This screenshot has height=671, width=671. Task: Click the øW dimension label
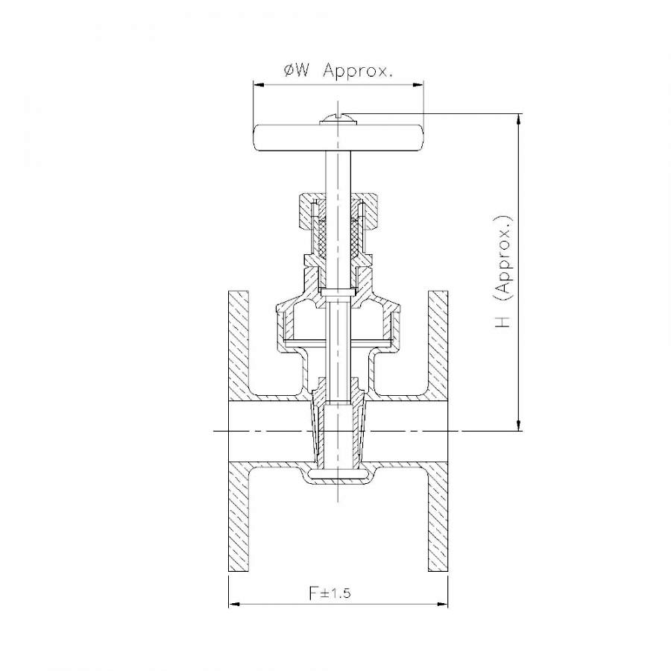pos(296,70)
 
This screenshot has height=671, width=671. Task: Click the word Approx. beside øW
pos(358,71)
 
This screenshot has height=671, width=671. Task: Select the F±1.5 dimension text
pos(330,593)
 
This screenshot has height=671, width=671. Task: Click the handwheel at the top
pos(338,138)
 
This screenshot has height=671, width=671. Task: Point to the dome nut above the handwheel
pos(338,119)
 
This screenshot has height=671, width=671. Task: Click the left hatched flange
pos(239,432)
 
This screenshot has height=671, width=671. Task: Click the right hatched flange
pos(438,432)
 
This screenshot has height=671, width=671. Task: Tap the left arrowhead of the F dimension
pos(233,604)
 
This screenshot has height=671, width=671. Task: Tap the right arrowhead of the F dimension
pos(443,604)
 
